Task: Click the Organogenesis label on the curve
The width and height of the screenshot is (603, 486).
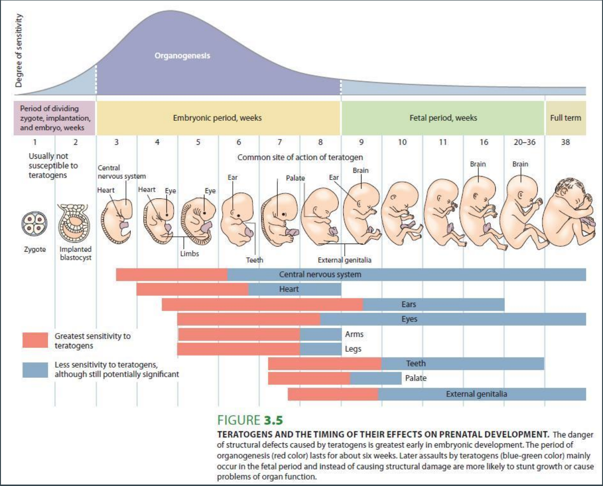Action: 182,56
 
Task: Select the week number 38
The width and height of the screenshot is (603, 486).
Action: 565,142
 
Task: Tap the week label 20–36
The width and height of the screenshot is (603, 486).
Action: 524,142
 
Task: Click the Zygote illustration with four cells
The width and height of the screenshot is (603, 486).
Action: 35,225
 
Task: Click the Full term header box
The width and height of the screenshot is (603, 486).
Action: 565,118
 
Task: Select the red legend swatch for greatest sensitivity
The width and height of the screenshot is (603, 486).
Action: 35,340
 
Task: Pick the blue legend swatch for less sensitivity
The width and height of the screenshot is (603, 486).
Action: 35,370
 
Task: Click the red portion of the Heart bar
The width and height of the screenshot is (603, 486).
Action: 192,289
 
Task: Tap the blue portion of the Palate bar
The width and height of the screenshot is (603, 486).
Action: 376,378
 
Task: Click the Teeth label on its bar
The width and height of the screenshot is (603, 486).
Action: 416,363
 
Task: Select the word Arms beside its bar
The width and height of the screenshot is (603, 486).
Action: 354,334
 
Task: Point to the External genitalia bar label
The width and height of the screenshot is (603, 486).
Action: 477,394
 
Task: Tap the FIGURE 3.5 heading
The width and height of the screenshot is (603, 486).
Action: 250,420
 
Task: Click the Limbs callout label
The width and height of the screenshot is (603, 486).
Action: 189,254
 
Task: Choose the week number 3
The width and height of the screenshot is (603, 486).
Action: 116,142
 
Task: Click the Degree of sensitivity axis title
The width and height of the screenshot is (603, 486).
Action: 19,51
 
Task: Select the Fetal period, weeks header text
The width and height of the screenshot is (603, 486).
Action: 443,118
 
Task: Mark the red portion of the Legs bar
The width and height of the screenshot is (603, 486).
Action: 239,349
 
